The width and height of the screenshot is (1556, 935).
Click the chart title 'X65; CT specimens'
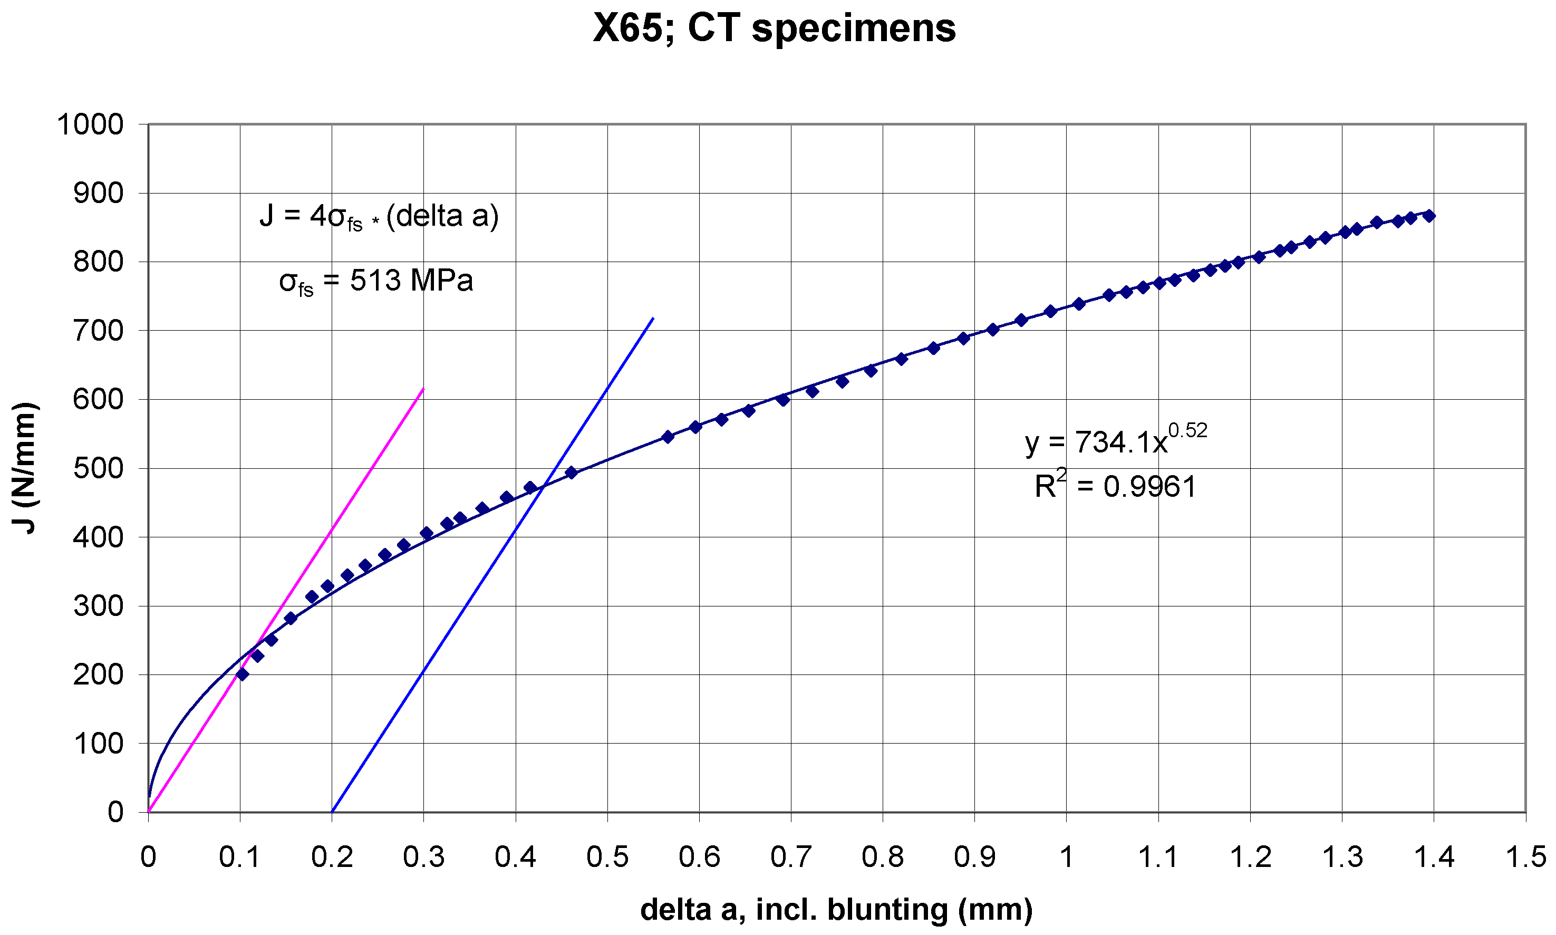(774, 28)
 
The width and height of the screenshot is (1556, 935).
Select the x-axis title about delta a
(836, 909)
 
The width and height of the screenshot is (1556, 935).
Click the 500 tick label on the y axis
(98, 468)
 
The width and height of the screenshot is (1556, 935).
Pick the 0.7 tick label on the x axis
(790, 857)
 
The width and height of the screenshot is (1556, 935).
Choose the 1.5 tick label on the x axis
(1525, 857)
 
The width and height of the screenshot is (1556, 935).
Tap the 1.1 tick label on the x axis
(1158, 857)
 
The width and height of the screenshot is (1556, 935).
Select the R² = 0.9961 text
(1115, 486)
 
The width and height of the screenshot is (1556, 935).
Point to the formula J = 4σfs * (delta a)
(379, 217)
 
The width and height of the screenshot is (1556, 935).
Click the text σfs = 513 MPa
(375, 281)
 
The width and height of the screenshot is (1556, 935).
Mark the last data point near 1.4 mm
(1429, 216)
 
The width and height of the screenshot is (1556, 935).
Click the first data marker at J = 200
(242, 674)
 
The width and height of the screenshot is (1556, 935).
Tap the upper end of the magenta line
(423, 389)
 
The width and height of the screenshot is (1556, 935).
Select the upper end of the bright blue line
(653, 318)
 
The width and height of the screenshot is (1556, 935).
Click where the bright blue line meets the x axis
(332, 812)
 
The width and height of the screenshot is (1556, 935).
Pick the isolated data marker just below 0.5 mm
(571, 473)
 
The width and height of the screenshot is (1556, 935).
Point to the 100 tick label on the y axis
(98, 744)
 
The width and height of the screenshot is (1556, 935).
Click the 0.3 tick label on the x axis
(423, 857)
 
